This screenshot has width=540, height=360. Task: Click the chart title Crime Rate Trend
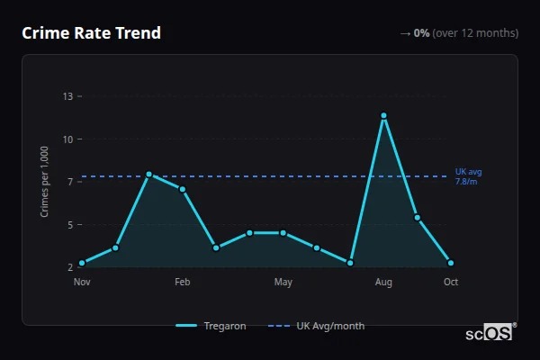pos(91,33)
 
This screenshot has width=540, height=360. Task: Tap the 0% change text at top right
pos(421,33)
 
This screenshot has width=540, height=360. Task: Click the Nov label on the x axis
pos(82,283)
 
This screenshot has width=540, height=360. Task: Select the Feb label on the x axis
pos(183,283)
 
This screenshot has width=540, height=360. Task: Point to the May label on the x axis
pos(283,283)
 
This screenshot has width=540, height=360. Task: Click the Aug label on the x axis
pos(383,283)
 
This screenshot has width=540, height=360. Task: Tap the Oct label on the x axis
pos(451,283)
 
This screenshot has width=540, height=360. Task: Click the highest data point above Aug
pos(383,115)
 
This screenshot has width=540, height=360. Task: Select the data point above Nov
pos(82,263)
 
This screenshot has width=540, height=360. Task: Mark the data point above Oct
pos(451,263)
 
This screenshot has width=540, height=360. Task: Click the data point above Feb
pos(183,189)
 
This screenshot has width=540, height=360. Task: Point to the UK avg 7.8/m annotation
pos(468,176)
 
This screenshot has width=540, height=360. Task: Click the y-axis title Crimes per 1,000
pos(45,181)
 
